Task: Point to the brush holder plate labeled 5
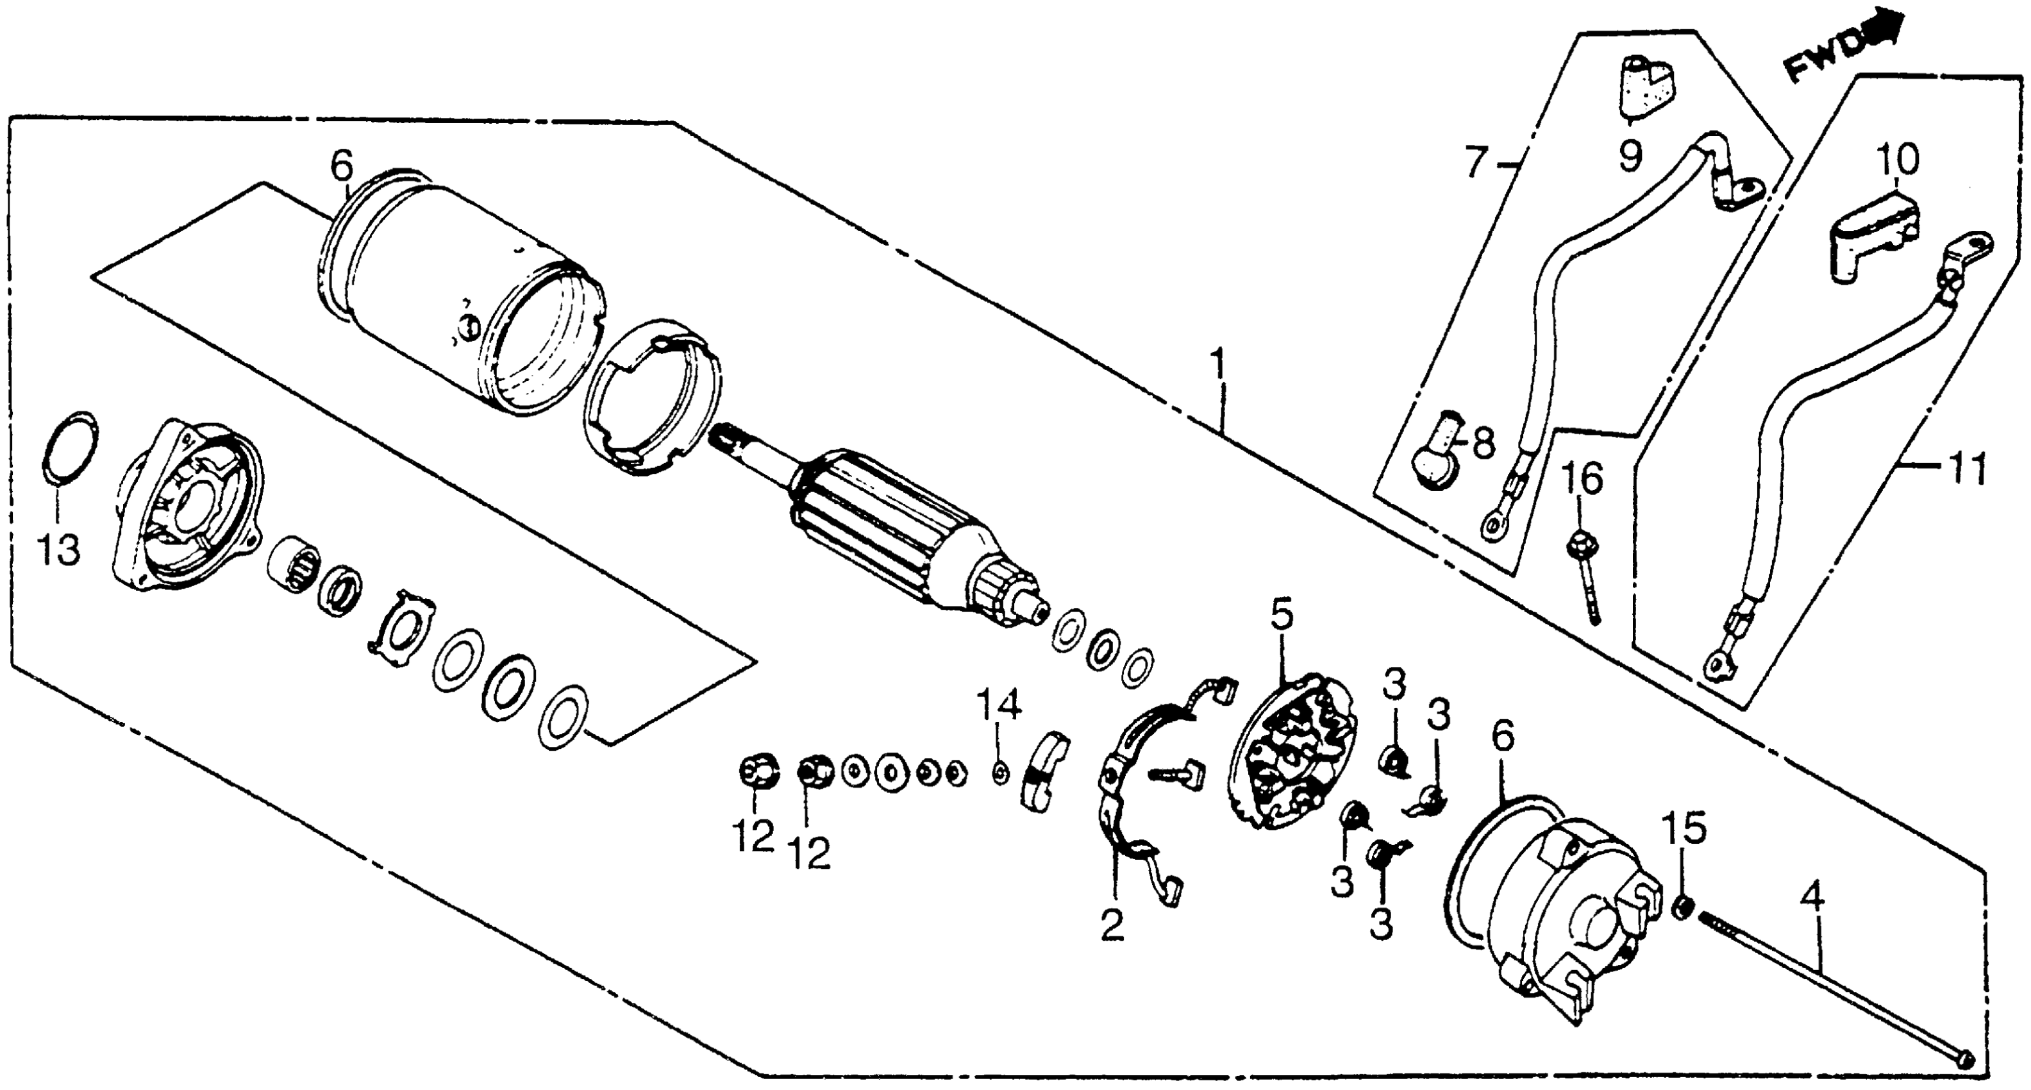[x=1293, y=754]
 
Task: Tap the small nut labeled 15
[x=1682, y=907]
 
